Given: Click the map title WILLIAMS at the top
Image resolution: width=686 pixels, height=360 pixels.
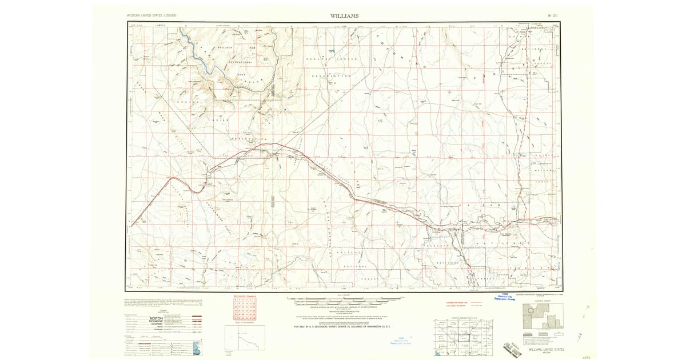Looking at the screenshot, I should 344,16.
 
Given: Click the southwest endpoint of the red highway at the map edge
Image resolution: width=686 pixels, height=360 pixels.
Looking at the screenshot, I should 131,227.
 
